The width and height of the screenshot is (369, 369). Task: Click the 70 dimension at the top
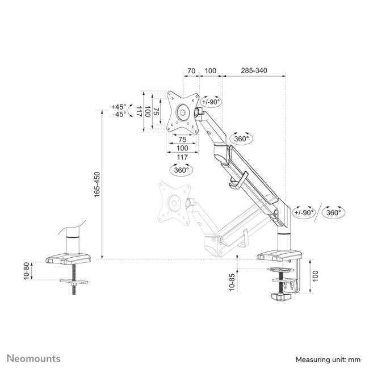tap(191, 72)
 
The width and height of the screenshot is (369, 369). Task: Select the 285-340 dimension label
tap(254, 72)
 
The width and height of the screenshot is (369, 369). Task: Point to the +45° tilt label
tap(119, 107)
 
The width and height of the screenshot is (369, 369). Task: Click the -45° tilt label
tap(119, 114)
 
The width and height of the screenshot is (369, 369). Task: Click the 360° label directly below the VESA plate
tap(182, 169)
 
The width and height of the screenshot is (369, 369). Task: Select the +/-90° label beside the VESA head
tap(212, 102)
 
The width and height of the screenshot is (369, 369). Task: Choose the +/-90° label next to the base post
tap(304, 212)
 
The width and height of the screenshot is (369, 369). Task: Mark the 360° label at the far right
tap(333, 212)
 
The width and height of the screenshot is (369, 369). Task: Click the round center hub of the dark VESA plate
tap(183, 112)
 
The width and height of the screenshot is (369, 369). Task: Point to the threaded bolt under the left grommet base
tap(74, 289)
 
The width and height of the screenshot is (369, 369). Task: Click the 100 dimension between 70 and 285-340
tap(210, 72)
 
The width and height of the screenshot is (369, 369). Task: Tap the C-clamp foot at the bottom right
tap(283, 296)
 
